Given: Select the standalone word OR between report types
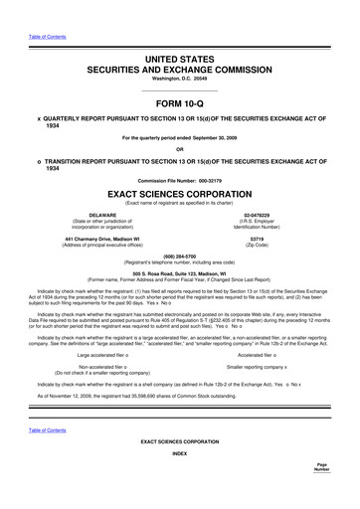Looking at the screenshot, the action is [179, 150].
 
